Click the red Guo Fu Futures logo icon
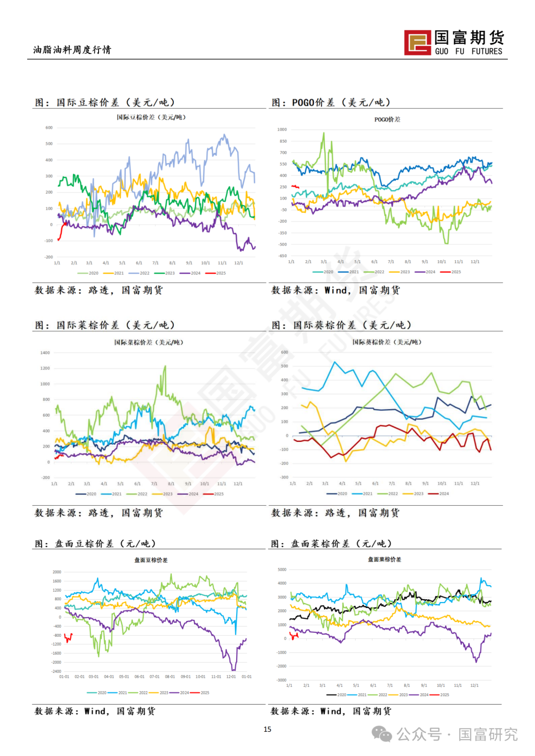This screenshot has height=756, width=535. click(418, 42)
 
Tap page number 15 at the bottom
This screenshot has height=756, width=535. click(267, 729)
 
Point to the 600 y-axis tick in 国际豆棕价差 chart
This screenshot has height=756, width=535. click(49, 128)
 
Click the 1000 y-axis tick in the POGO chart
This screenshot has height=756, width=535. click(282, 130)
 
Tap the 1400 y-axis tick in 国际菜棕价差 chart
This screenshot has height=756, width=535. click(45, 353)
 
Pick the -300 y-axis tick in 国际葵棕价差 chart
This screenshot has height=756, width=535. click(284, 477)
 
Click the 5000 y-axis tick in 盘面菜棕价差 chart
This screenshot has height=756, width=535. click(282, 569)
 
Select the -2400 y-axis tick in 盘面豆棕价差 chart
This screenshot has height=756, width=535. click(56, 671)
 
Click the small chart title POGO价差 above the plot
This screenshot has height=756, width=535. click(387, 120)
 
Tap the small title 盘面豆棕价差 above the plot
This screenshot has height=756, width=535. click(151, 560)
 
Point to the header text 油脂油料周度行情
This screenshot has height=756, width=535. click(72, 49)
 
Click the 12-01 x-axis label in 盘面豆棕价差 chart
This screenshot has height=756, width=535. click(231, 677)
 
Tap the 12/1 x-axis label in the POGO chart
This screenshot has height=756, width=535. click(475, 262)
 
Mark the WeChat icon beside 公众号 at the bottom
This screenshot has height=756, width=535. click(382, 734)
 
